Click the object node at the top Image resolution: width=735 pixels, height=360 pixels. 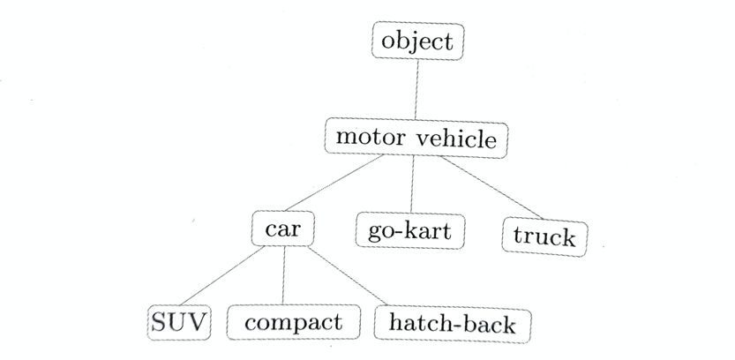(417, 41)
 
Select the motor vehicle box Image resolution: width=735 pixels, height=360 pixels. (416, 139)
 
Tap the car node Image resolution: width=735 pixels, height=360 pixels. (283, 229)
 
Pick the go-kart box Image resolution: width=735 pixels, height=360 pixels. (409, 231)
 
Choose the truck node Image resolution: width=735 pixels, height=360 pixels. (544, 236)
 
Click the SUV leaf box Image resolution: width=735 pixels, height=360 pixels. (178, 323)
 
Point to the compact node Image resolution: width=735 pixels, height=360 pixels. (293, 323)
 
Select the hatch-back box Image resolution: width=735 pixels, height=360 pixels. (453, 325)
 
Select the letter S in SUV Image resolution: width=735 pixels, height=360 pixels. (160, 323)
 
